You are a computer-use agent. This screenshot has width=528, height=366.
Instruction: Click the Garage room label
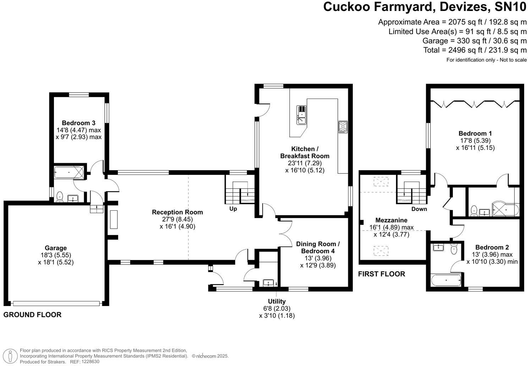coord(56,248)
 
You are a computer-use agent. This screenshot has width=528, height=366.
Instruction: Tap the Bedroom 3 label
coord(78,123)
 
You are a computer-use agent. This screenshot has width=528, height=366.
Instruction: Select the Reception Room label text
coord(177,212)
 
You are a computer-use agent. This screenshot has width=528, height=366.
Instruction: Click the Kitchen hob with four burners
coord(343,127)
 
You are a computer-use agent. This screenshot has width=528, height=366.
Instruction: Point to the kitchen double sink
coord(301,115)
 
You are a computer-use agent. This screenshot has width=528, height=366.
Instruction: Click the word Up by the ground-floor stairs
coord(233,209)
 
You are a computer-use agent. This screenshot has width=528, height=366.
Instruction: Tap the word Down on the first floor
coord(419,209)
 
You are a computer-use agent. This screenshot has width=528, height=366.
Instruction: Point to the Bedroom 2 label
coord(492,247)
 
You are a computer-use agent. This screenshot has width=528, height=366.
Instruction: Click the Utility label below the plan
coord(277,301)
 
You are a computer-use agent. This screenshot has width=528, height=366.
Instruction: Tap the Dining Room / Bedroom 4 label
coord(318,248)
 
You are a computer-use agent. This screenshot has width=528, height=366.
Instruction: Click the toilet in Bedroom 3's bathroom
coord(60,196)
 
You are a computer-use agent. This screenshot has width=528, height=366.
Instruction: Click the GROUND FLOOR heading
coord(32,315)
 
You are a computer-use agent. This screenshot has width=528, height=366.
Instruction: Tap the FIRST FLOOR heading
coord(381,274)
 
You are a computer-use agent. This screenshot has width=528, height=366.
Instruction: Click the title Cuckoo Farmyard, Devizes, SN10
coord(425,7)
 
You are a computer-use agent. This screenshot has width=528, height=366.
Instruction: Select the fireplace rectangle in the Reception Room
coord(114,220)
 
